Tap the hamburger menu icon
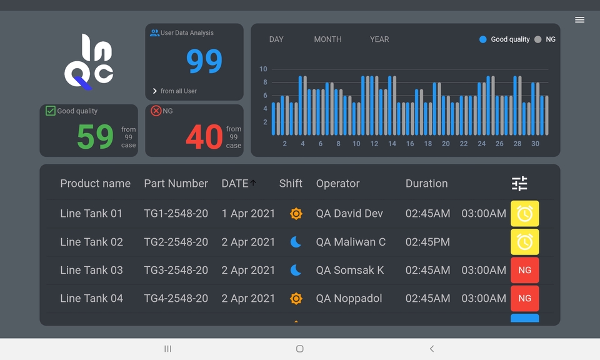(579, 20)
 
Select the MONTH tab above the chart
(327, 39)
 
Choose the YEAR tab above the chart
(379, 39)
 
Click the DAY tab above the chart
(276, 39)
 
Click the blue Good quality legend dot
(482, 39)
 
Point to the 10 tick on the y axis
(263, 69)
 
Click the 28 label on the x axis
(517, 144)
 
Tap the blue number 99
(204, 61)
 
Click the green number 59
(95, 137)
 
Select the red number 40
(204, 137)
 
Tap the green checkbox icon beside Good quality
(51, 111)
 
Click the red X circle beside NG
(156, 111)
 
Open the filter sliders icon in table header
(519, 183)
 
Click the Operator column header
(337, 183)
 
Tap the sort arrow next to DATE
(253, 182)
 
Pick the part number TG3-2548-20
(176, 270)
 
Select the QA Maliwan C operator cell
(351, 242)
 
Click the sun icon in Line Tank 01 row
(296, 214)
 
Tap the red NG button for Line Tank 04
(524, 298)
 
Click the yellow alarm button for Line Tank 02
(524, 242)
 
